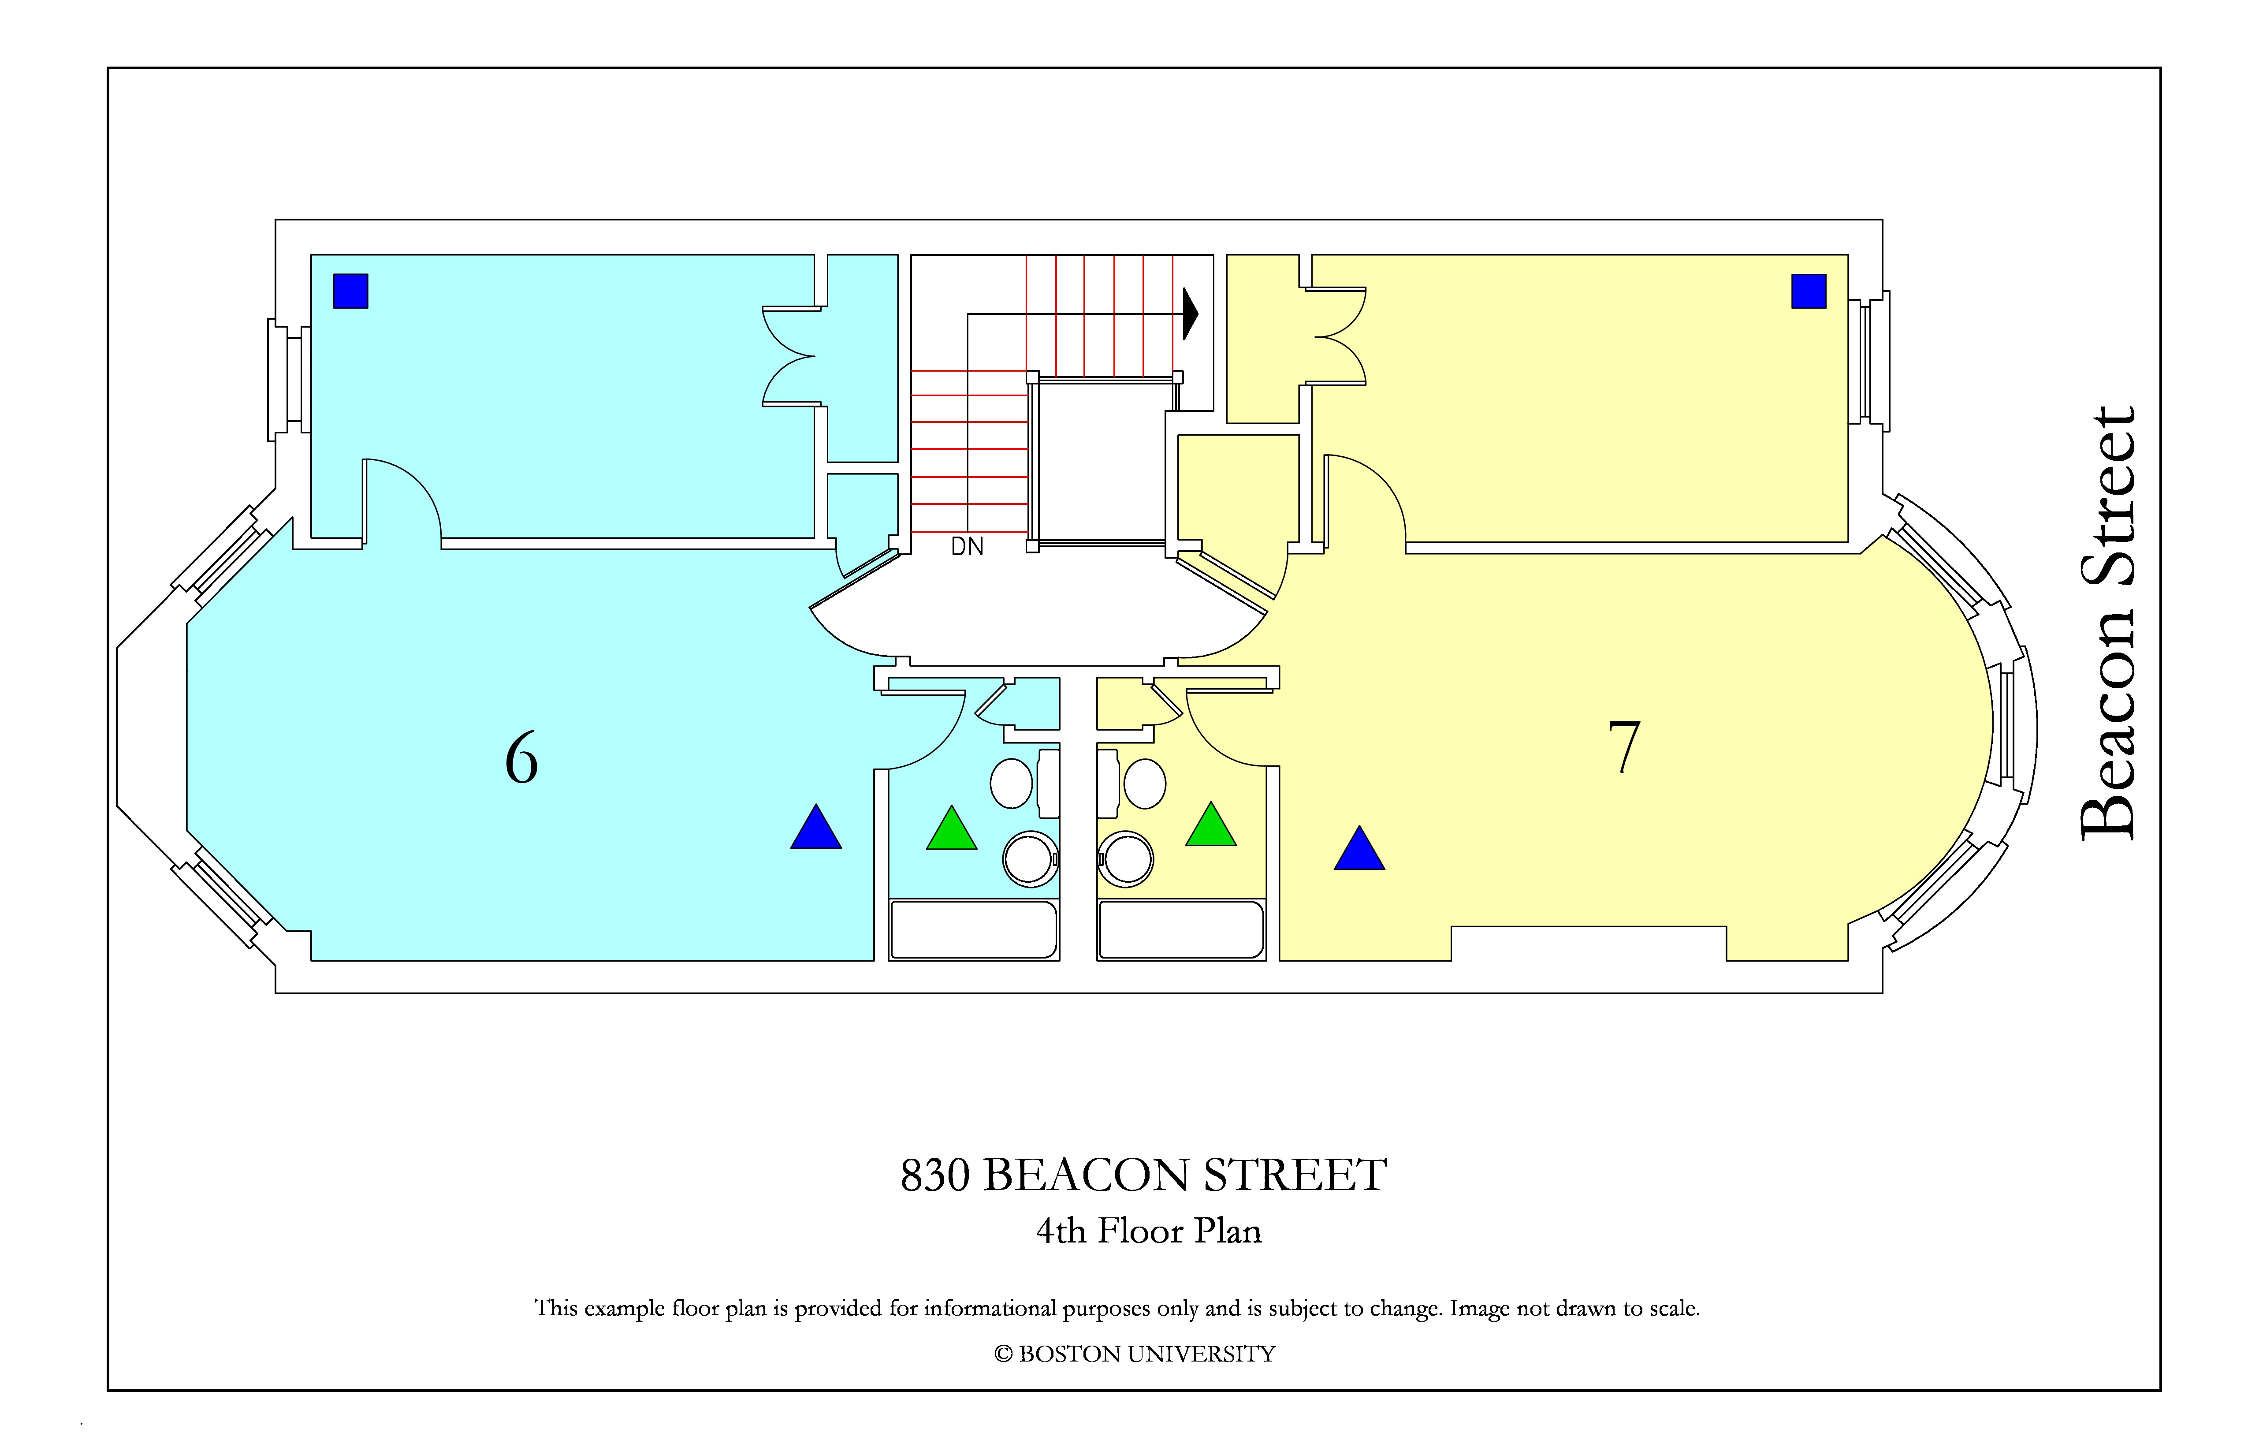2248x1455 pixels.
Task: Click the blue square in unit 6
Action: click(x=350, y=291)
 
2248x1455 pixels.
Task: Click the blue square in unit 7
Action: click(x=1809, y=291)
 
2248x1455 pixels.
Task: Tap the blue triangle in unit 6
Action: click(x=816, y=828)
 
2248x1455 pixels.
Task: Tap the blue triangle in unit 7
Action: click(x=1359, y=848)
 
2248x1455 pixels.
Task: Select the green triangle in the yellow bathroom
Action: click(x=1211, y=825)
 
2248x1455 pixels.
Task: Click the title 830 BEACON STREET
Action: click(x=1144, y=1175)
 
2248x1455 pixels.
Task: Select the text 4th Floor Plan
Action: click(x=1149, y=1231)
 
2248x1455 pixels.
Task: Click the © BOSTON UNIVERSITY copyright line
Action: click(x=1135, y=1354)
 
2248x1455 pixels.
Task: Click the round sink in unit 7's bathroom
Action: click(x=1126, y=859)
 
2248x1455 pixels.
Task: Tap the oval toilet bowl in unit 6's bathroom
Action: click(x=1012, y=783)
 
